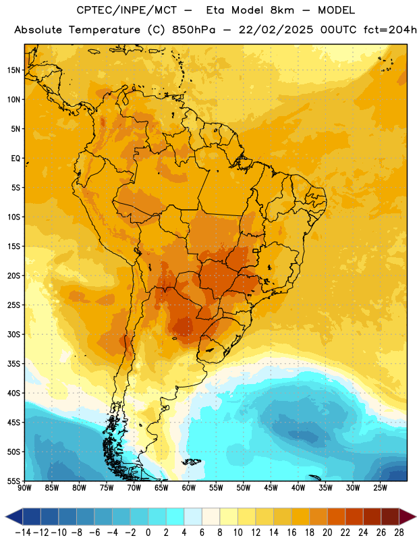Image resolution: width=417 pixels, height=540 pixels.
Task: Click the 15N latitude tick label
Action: [x=13, y=70]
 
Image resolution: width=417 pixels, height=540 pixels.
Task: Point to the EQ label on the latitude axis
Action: [x=16, y=159]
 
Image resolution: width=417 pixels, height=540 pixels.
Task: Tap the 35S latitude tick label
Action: [x=13, y=364]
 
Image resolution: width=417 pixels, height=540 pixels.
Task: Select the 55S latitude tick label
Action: [x=13, y=481]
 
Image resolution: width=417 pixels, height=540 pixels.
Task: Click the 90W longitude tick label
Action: [x=24, y=488]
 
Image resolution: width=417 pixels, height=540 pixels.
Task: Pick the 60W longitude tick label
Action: [x=189, y=488]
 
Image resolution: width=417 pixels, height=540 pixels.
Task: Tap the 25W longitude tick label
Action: [x=380, y=488]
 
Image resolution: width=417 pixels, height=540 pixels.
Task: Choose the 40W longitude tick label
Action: [x=298, y=488]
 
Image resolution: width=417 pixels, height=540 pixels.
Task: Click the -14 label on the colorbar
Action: [x=23, y=533]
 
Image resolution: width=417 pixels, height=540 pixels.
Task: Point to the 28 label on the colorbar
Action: [x=399, y=533]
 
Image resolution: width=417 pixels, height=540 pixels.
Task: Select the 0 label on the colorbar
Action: [x=148, y=533]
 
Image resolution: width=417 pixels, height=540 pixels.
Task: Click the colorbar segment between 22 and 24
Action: [x=354, y=516]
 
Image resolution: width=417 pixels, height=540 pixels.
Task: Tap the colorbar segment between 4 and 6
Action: [x=193, y=516]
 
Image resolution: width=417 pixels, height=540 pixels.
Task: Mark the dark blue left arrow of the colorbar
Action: [x=14, y=516]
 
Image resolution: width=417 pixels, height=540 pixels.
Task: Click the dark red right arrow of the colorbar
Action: [x=408, y=516]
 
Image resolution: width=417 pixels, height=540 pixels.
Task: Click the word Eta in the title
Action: [x=215, y=10]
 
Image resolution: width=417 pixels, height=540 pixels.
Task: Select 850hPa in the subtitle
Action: [x=194, y=30]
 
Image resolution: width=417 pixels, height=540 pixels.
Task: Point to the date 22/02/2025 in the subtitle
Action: [x=276, y=30]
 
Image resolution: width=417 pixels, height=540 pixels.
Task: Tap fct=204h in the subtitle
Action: [x=390, y=30]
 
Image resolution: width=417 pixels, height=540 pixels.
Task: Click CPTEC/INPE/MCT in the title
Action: [x=126, y=10]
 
